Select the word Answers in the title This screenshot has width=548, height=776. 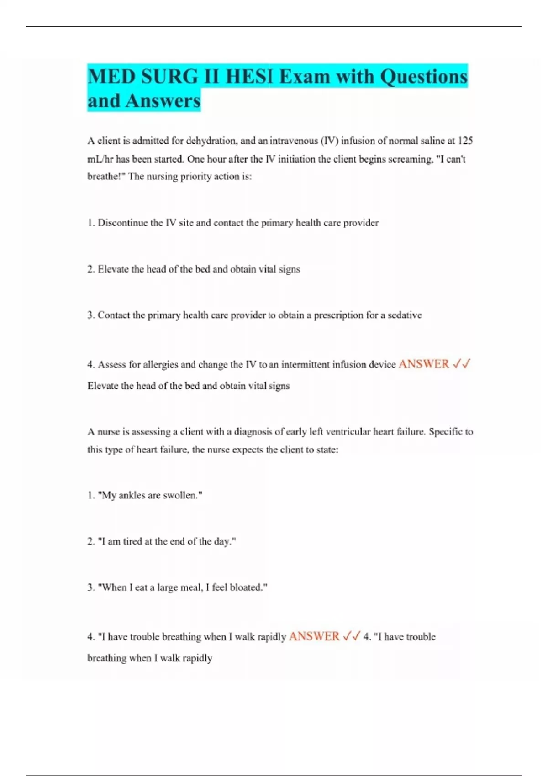click(x=163, y=101)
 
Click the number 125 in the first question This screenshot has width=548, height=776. click(x=465, y=141)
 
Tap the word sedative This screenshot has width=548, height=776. click(x=405, y=315)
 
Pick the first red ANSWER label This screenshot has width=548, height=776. click(x=424, y=364)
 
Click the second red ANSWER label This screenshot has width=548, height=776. click(x=314, y=636)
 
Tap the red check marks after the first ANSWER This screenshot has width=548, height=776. click(x=461, y=364)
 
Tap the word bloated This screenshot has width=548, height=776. click(x=248, y=587)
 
